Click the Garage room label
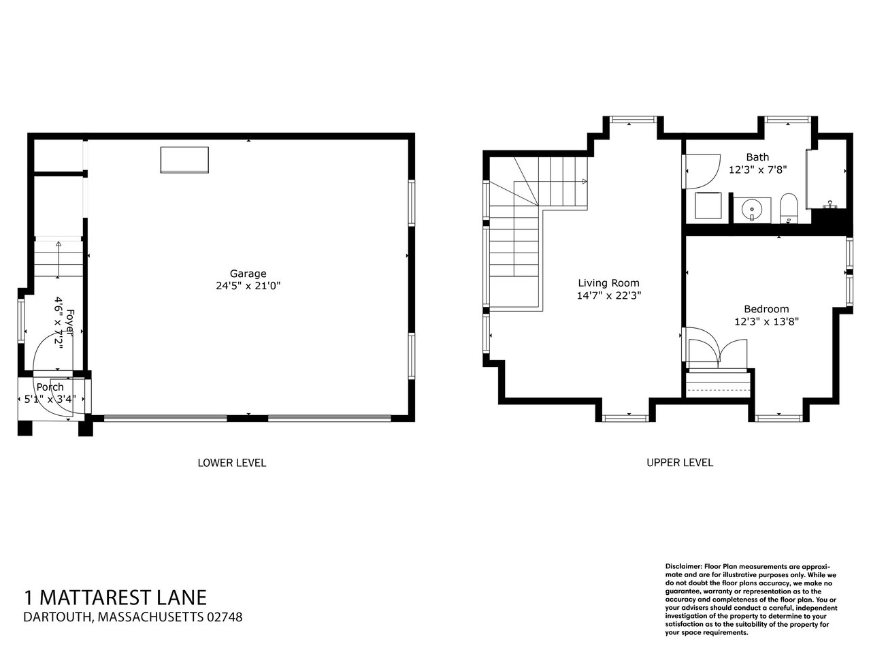click(248, 274)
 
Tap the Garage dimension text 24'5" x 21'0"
click(248, 286)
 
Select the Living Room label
click(609, 283)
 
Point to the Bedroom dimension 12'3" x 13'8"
click(766, 321)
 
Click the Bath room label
click(757, 157)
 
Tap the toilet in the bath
click(789, 208)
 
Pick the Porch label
click(50, 387)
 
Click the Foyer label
click(70, 322)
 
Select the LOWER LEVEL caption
click(232, 463)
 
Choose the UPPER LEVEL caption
click(680, 462)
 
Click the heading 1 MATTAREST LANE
click(116, 598)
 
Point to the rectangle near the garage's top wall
click(184, 159)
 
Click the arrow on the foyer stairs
click(59, 259)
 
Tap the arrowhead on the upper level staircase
click(585, 181)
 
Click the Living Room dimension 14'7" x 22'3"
click(609, 295)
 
